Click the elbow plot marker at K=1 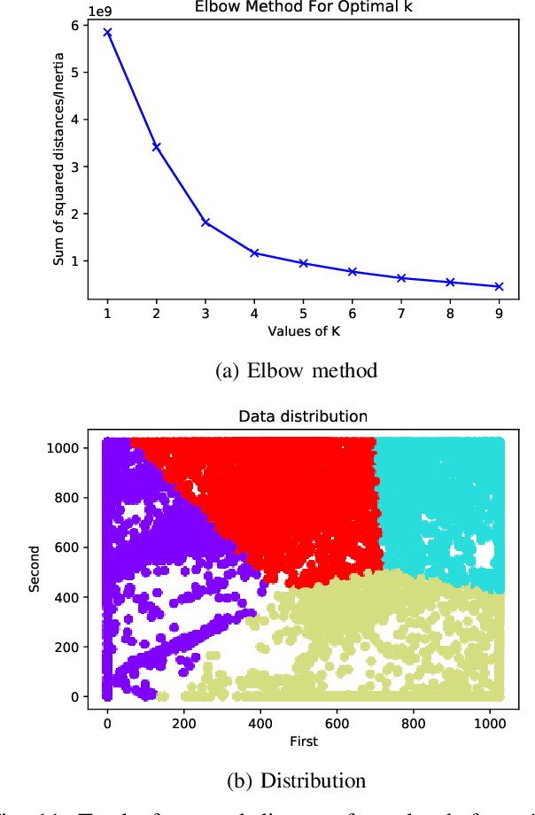(x=107, y=32)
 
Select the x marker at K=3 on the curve (x=205, y=221)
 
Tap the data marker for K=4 (x=254, y=252)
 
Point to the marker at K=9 (x=499, y=286)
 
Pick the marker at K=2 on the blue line (x=157, y=146)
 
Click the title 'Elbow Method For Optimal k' (x=304, y=6)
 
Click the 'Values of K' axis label (x=303, y=332)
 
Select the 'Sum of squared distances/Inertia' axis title (x=58, y=160)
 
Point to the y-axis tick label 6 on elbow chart (x=77, y=25)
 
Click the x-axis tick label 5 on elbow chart (x=303, y=313)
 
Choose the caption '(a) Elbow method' (x=297, y=370)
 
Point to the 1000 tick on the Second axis (x=62, y=447)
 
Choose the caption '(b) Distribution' (x=297, y=780)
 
